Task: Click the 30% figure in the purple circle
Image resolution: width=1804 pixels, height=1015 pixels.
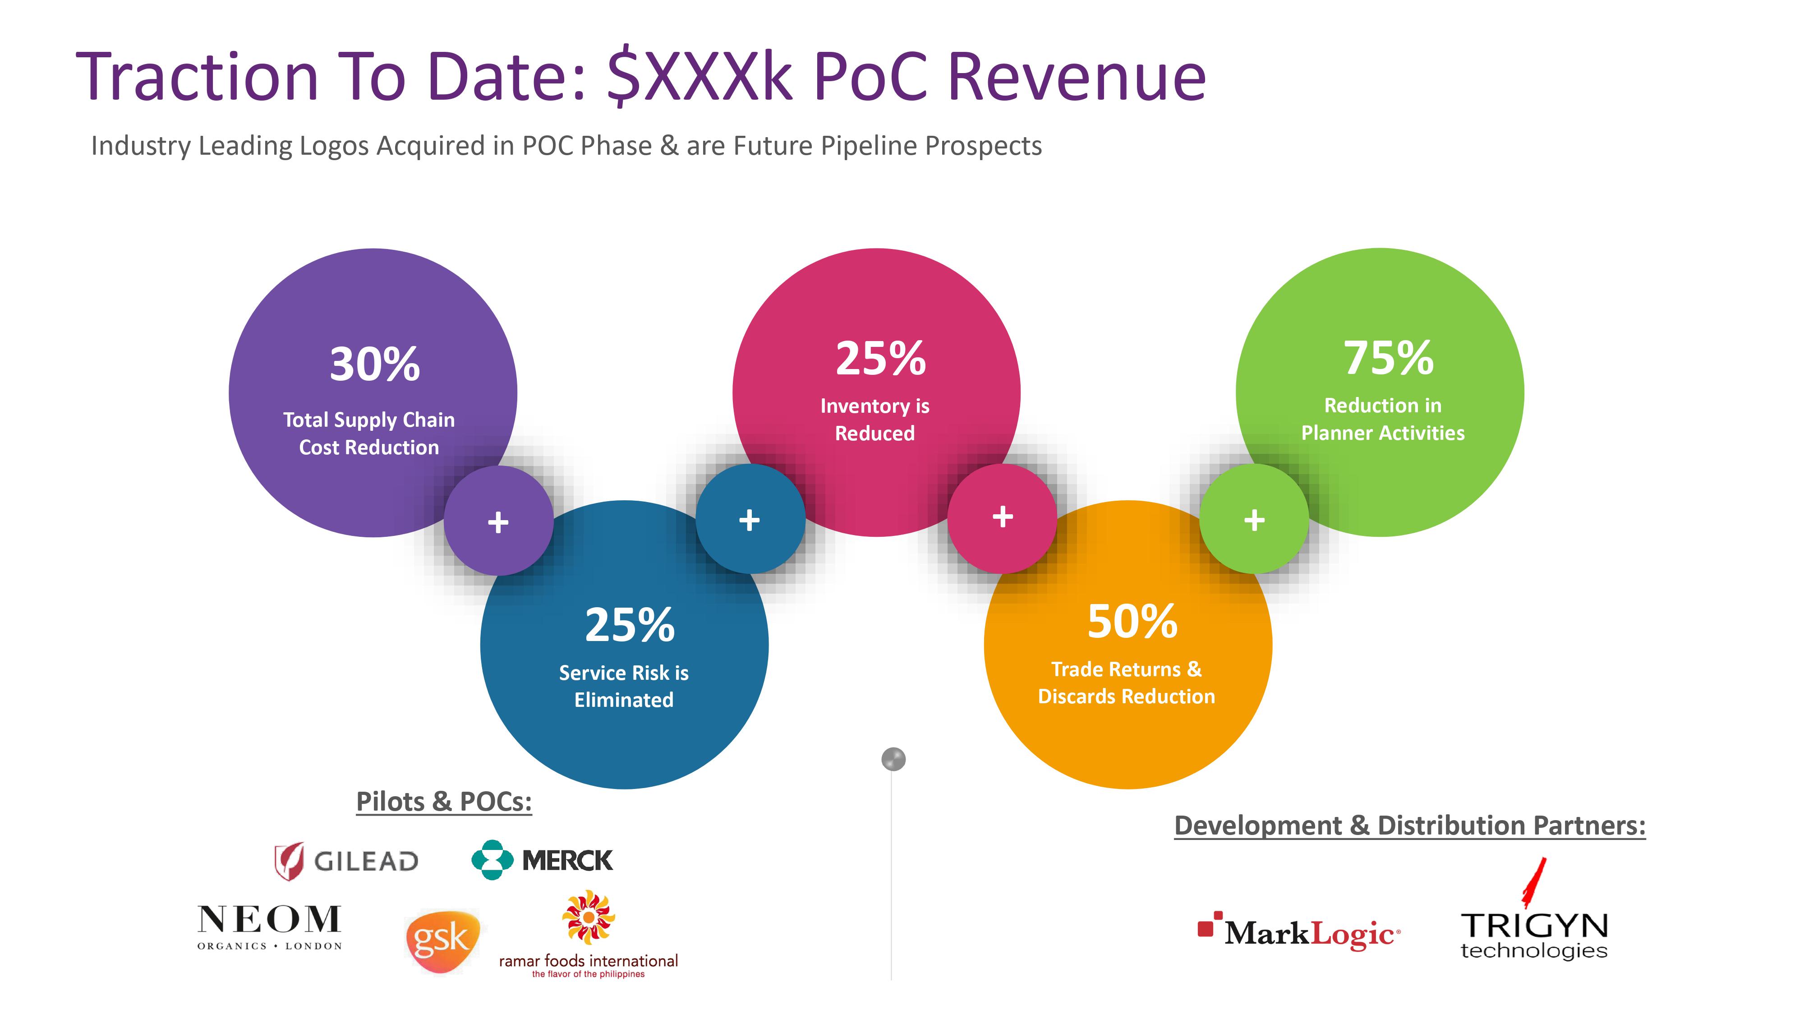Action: tap(375, 364)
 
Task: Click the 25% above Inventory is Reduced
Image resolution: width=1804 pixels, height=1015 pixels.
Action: tap(880, 359)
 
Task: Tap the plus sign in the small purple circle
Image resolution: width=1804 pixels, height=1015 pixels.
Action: tap(498, 522)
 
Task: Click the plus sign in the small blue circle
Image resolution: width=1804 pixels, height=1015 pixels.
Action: tap(749, 520)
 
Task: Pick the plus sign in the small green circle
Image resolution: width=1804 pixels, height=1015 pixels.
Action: tap(1254, 520)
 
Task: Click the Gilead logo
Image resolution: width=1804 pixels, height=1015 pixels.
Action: tap(346, 861)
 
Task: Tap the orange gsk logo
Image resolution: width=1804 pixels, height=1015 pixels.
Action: tap(442, 941)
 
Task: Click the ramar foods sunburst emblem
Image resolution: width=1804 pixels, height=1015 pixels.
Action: tap(588, 917)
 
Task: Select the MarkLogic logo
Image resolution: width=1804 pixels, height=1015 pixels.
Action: tap(1299, 932)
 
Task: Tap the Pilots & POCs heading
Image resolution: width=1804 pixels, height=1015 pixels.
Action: tap(444, 801)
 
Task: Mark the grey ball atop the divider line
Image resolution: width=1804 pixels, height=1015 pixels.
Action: tap(893, 759)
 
